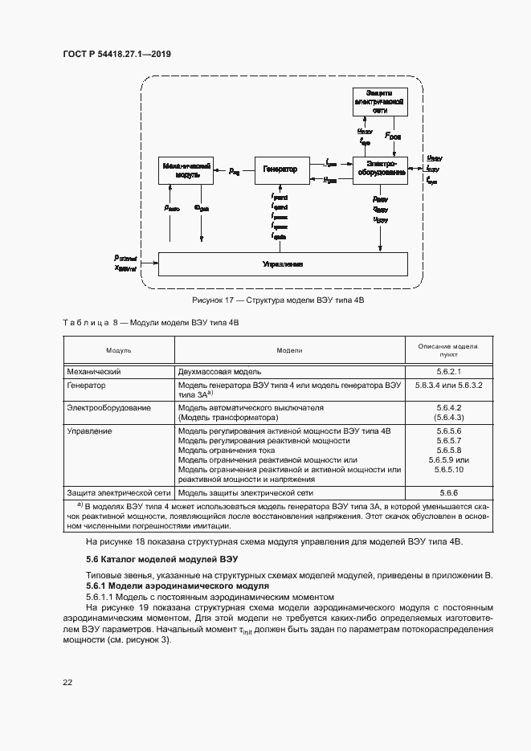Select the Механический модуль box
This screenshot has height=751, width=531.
click(186, 169)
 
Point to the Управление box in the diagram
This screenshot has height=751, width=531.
click(283, 263)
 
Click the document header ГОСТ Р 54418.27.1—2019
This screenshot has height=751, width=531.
click(116, 55)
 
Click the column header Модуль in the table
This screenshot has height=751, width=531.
click(119, 351)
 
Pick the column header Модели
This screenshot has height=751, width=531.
click(290, 351)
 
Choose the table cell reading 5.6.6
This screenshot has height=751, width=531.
click(447, 492)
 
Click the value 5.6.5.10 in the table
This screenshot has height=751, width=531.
click(447, 469)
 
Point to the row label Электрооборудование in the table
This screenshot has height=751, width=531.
click(109, 408)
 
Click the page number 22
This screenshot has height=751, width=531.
click(67, 683)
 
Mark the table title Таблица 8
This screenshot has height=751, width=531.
click(150, 322)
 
